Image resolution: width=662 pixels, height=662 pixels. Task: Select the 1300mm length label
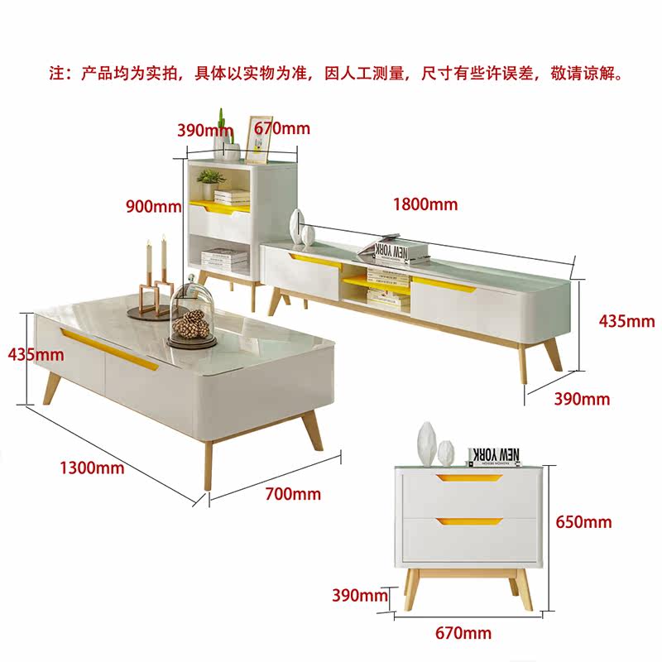pos(91,468)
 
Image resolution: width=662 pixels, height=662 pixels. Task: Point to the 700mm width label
pos(293,494)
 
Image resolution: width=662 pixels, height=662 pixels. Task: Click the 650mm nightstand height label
pos(584,521)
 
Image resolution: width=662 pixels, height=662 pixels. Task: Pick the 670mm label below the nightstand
pos(463,633)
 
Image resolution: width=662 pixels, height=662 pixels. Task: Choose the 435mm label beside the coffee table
pos(36,354)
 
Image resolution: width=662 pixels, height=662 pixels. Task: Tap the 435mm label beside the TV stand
pos(626,321)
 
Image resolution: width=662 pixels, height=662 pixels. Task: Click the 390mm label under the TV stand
pos(582,399)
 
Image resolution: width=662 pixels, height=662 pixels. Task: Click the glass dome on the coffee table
pos(193,313)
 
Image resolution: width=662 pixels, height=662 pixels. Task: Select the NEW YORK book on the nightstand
pos(495,455)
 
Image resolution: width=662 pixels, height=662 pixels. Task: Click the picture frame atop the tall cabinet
pos(260,138)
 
